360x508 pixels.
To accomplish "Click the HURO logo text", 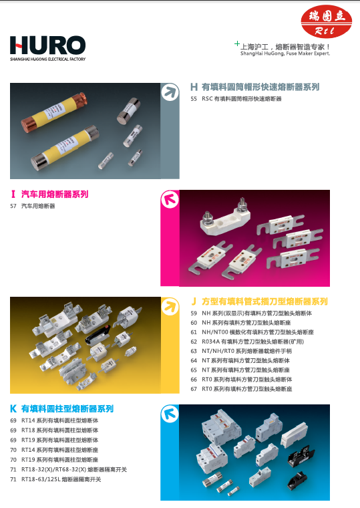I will click(x=47, y=45).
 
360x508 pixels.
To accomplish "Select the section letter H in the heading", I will click(x=194, y=87).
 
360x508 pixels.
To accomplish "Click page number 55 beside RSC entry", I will click(x=194, y=98).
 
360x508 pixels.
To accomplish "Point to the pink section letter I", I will click(x=13, y=195).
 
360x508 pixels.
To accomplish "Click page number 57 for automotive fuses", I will click(x=13, y=207).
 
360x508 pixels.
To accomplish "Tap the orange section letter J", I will click(x=194, y=301).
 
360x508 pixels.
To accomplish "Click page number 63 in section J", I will click(x=194, y=351).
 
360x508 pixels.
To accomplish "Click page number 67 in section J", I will click(x=194, y=388).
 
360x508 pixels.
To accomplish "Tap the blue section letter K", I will click(x=13, y=408).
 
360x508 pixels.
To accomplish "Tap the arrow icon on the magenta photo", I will click(x=170, y=200).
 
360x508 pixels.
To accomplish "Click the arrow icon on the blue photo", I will click(x=170, y=414).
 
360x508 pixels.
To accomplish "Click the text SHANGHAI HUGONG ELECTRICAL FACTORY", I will click(x=48, y=59).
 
